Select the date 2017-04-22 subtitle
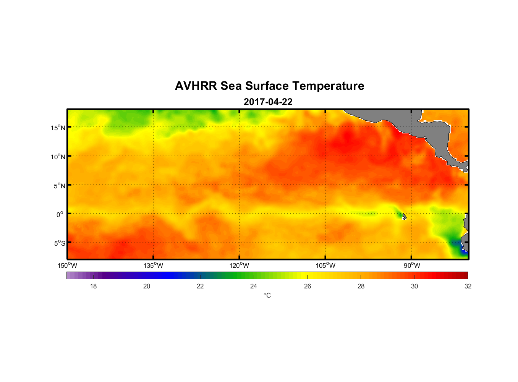click(268, 102)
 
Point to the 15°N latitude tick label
click(58, 128)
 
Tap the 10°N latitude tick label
click(58, 157)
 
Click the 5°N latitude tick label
click(59, 186)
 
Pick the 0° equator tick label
click(60, 214)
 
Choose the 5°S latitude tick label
click(59, 243)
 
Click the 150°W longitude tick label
click(67, 265)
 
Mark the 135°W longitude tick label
click(153, 265)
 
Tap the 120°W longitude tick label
click(240, 265)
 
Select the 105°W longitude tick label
click(325, 265)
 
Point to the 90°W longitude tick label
click(412, 265)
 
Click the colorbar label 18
click(93, 286)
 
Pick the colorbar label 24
click(254, 286)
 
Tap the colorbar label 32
click(468, 286)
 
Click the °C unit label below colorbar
click(267, 295)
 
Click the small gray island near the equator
click(404, 216)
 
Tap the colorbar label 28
click(361, 286)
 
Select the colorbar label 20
click(147, 286)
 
